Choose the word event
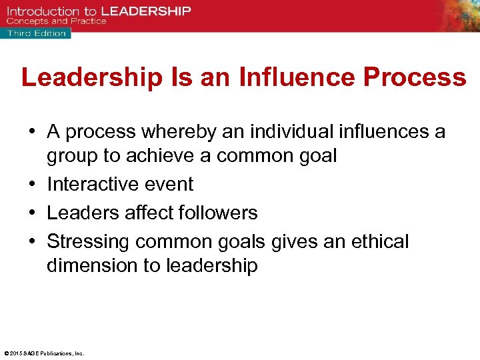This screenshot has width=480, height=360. point(171,184)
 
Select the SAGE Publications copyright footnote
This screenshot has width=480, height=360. point(44,353)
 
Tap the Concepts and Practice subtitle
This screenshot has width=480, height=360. point(57,21)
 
